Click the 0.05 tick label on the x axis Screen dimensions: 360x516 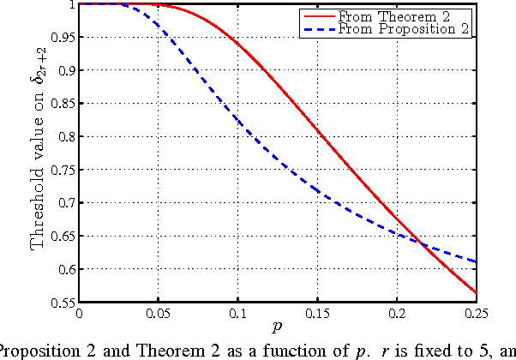[x=159, y=314]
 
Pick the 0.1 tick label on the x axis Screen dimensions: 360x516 [x=238, y=314]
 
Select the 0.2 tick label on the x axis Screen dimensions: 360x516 [x=397, y=314]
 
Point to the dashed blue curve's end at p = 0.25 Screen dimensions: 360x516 [x=476, y=261]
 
